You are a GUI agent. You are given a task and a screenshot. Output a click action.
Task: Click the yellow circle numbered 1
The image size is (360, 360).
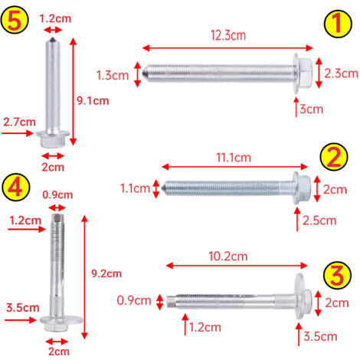pos(338,24)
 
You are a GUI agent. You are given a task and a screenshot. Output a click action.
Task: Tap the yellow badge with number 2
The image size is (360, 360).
pos(334,157)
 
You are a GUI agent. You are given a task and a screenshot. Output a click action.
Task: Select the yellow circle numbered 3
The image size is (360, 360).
pos(337,276)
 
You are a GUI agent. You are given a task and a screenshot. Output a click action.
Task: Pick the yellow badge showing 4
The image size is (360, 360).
pos(16,187)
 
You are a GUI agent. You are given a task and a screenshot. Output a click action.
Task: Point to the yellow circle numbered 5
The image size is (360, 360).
pos(15,20)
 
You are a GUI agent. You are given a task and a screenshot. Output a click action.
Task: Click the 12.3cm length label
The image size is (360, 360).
pos(228,35)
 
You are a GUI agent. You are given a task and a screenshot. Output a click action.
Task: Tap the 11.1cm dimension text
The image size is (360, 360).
pos(234,158)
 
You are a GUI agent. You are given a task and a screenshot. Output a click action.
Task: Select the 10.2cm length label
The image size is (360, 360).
pos(228,257)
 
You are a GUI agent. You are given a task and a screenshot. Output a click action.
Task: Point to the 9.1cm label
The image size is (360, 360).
pos(93,101)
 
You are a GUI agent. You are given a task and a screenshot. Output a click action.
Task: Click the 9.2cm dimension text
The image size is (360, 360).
pos(106,273)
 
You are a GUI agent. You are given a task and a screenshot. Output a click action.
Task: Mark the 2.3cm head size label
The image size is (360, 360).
pos(341,74)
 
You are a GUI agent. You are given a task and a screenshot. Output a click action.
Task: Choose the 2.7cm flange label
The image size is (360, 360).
pos(19,122)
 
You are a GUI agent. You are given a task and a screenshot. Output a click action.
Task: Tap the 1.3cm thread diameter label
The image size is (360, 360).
pos(113,76)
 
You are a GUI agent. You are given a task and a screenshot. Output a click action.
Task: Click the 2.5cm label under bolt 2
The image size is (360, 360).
pos(319,221)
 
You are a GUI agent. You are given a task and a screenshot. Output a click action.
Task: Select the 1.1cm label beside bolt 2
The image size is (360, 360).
pos(135,188)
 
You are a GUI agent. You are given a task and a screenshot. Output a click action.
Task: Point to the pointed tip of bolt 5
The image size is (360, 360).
pos(53,38)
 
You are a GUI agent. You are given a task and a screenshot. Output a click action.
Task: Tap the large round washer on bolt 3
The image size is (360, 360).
pos(300,296)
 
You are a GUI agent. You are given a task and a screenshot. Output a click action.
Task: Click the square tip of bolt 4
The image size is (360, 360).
pos(57,218)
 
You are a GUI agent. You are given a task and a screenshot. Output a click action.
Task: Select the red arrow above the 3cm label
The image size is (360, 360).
pos(296,107)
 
